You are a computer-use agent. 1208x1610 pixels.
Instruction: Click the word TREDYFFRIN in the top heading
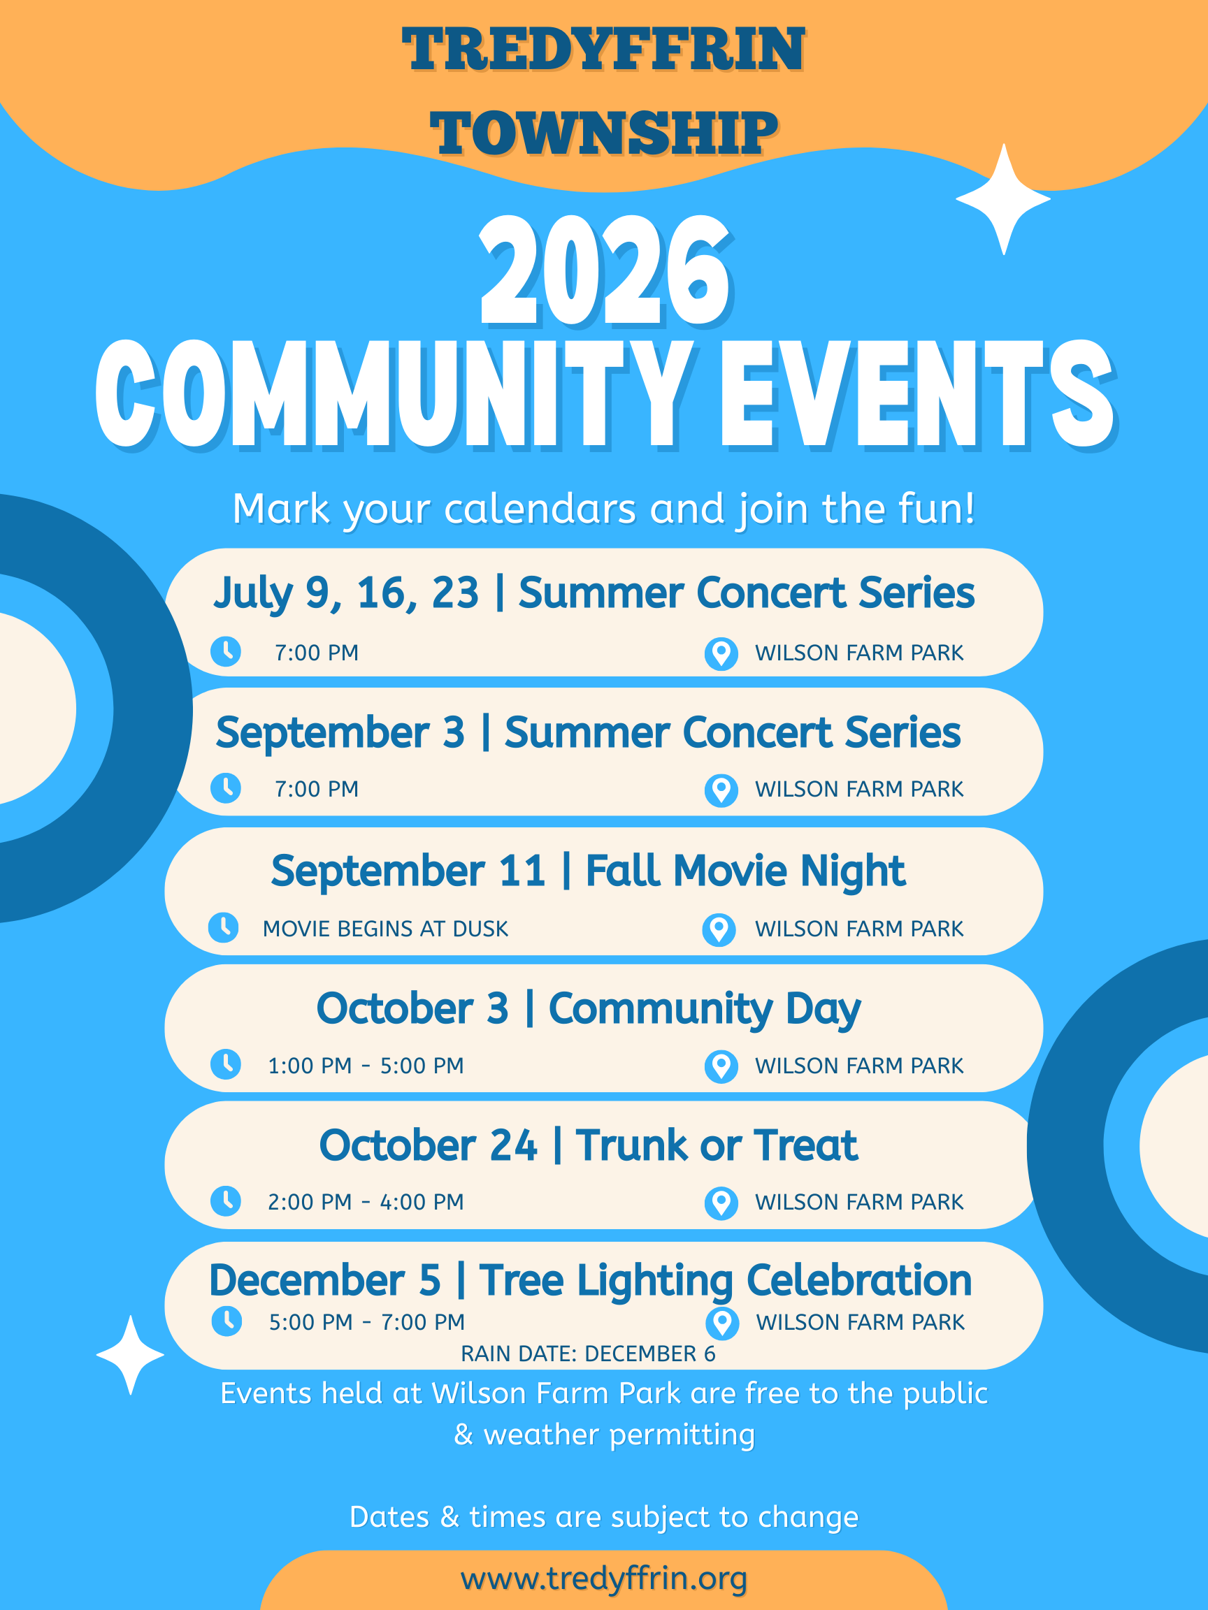pyautogui.click(x=603, y=49)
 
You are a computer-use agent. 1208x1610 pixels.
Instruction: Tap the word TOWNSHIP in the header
pyautogui.click(x=603, y=133)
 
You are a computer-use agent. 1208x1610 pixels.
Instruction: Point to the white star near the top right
pyautogui.click(x=1003, y=198)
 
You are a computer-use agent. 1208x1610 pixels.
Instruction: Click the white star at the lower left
pyautogui.click(x=130, y=1354)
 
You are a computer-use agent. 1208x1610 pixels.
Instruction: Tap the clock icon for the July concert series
pyautogui.click(x=226, y=651)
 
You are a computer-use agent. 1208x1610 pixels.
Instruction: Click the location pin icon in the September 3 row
pyautogui.click(x=721, y=790)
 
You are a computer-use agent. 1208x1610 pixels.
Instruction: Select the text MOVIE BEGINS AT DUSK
pyautogui.click(x=385, y=929)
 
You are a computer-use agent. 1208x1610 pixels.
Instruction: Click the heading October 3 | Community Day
pyautogui.click(x=589, y=1009)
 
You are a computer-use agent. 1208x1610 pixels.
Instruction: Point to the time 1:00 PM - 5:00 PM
pyautogui.click(x=366, y=1066)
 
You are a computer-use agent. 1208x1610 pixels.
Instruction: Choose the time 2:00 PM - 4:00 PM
pyautogui.click(x=366, y=1202)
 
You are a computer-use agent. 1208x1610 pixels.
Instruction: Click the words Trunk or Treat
pyautogui.click(x=717, y=1145)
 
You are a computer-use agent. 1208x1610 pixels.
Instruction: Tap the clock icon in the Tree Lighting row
pyautogui.click(x=226, y=1321)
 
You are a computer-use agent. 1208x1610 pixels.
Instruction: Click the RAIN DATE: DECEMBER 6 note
pyautogui.click(x=588, y=1353)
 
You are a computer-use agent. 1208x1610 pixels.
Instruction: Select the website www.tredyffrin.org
pyautogui.click(x=603, y=1578)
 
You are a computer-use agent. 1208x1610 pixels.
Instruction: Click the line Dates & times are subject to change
pyautogui.click(x=603, y=1517)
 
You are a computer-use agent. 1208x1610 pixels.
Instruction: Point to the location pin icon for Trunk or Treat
pyautogui.click(x=721, y=1203)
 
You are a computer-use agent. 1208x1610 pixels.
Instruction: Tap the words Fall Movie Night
pyautogui.click(x=745, y=871)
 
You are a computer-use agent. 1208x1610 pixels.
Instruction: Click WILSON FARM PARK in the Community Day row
pyautogui.click(x=859, y=1066)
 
